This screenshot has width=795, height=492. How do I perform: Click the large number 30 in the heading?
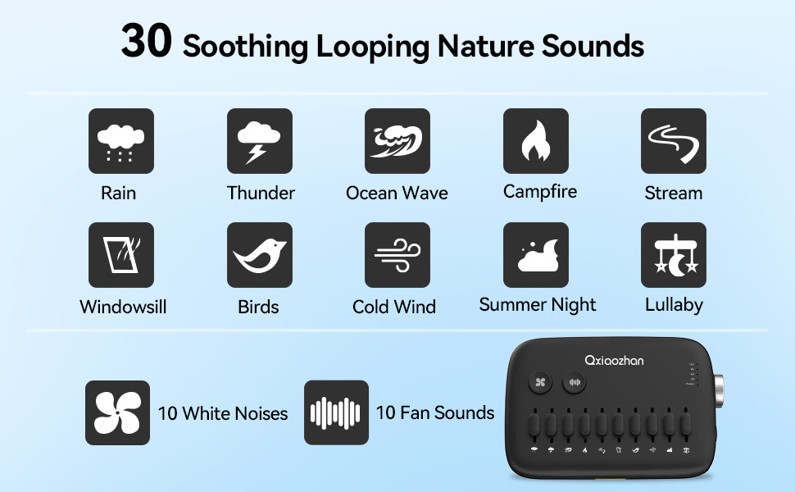(x=146, y=41)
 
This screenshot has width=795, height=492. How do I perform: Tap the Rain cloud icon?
(x=120, y=141)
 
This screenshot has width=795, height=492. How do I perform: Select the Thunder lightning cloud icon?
(x=259, y=141)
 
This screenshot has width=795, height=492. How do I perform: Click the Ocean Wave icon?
(x=397, y=141)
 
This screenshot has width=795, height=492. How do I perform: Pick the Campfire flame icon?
(x=535, y=141)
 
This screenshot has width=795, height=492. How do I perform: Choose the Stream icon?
(x=673, y=141)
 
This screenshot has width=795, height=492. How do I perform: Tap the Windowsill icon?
(x=120, y=255)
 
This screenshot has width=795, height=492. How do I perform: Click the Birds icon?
(x=259, y=255)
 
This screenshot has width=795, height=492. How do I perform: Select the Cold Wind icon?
(x=397, y=255)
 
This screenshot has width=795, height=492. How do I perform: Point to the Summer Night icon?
(x=535, y=255)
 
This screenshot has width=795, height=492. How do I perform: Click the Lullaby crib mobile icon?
(x=673, y=255)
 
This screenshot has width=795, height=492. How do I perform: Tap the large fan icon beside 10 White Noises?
(x=117, y=412)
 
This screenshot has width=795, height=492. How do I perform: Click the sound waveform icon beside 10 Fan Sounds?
(x=336, y=412)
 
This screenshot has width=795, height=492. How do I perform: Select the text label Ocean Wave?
(x=397, y=194)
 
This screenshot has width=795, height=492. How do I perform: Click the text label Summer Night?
(x=538, y=305)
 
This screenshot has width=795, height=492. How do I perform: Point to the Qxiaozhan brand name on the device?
(x=614, y=359)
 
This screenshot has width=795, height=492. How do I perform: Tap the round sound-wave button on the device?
(x=575, y=382)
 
